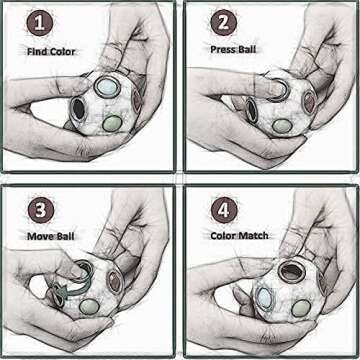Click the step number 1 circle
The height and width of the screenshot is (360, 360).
click(x=40, y=23)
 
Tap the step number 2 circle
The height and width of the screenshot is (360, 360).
click(x=224, y=23)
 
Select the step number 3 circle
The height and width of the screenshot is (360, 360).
click(x=41, y=210)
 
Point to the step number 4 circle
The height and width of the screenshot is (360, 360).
click(x=224, y=210)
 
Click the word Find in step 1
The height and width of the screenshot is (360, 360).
click(x=37, y=52)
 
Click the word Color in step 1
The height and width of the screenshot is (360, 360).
click(x=63, y=52)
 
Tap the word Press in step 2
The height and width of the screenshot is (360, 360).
click(x=223, y=49)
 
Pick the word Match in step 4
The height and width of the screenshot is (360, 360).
click(x=253, y=236)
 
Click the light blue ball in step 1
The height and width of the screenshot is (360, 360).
click(x=107, y=87)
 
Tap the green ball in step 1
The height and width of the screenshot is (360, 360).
click(x=112, y=123)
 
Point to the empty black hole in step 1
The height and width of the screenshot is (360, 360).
click(x=79, y=109)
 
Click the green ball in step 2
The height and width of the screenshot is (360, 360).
click(x=282, y=125)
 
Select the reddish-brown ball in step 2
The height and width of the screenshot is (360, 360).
click(x=309, y=103)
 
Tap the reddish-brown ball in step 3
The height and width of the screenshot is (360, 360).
click(x=115, y=282)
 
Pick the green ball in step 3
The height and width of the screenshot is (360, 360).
click(x=89, y=306)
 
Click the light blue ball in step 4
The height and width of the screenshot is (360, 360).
click(x=264, y=297)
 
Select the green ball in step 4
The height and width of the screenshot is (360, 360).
click(x=301, y=308)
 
